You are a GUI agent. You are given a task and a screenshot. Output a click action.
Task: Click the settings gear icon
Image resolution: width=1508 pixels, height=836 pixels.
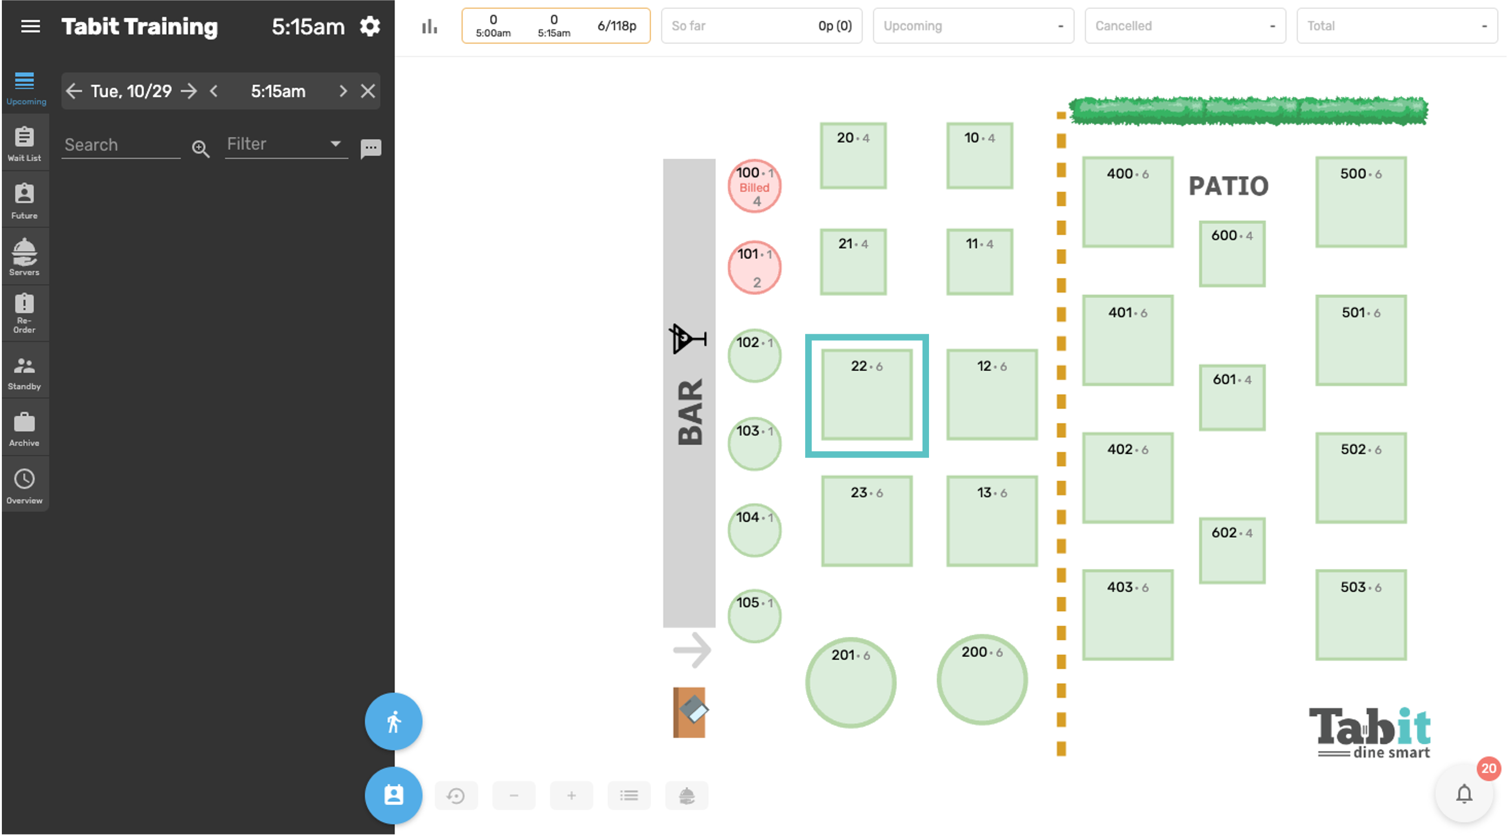tap(370, 27)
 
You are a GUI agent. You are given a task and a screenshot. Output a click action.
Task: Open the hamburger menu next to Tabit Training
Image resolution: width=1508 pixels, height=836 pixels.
tap(30, 27)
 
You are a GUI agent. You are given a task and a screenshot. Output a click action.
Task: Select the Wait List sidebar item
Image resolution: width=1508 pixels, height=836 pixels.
tap(25, 143)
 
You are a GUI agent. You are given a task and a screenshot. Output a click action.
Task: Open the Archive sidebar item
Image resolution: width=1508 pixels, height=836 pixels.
tap(25, 429)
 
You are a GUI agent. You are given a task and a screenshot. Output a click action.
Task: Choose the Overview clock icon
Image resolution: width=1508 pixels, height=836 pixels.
tap(25, 479)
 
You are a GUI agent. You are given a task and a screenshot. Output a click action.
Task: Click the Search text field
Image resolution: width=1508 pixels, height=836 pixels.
tap(121, 145)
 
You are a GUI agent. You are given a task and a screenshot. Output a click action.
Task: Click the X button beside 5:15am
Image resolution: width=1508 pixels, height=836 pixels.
tap(368, 91)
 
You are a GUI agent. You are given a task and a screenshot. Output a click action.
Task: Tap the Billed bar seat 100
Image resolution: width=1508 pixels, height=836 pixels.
tap(754, 186)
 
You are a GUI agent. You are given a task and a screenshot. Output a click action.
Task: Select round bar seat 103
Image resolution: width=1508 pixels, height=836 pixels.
tap(754, 444)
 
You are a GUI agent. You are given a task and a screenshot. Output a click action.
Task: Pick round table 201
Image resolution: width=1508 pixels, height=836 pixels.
tap(851, 682)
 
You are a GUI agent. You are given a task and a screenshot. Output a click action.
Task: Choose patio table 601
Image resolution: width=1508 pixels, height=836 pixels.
tap(1232, 398)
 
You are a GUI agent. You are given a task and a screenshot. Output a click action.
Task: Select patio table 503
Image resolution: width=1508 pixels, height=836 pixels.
tap(1361, 615)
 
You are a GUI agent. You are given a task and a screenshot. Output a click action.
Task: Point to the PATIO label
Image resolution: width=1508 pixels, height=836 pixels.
tap(1228, 186)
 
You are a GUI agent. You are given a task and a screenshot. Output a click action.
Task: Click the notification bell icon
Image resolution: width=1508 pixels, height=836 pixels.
tap(1464, 795)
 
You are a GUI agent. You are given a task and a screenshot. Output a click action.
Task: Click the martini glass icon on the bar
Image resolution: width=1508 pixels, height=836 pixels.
tap(688, 338)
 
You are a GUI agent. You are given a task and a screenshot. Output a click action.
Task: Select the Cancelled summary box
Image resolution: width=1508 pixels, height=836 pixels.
tap(1185, 26)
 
